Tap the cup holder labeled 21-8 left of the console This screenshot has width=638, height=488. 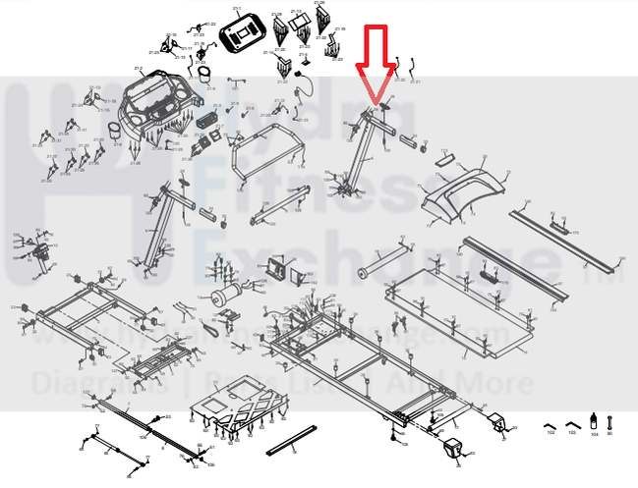click(x=204, y=75)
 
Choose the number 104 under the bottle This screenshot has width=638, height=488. click(x=593, y=433)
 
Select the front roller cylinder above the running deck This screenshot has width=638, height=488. click(x=380, y=260)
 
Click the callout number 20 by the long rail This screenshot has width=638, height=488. click(x=168, y=417)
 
